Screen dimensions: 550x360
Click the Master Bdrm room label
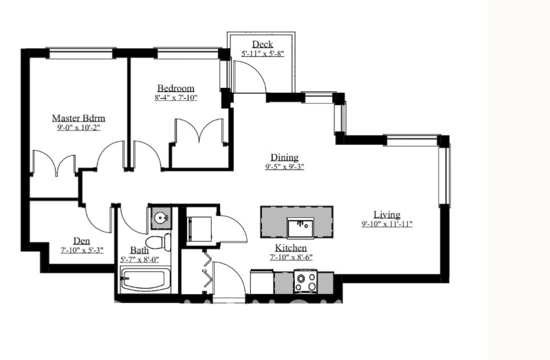click(78, 118)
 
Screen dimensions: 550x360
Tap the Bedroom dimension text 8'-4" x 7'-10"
click(176, 98)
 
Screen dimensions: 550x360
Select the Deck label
click(263, 45)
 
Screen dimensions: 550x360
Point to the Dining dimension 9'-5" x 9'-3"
click(285, 167)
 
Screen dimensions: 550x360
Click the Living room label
click(387, 214)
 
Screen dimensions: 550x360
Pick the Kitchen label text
click(291, 248)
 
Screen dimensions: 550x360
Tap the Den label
click(81, 241)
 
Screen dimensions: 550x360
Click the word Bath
click(140, 250)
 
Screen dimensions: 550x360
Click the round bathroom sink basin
click(161, 218)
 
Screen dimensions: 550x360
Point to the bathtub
click(145, 280)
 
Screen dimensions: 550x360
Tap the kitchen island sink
click(300, 227)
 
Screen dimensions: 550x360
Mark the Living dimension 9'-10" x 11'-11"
click(387, 224)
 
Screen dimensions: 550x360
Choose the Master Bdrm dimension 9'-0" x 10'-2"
click(79, 128)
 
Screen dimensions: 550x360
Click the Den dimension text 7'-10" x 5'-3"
click(82, 251)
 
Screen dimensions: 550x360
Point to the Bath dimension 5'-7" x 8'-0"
click(140, 260)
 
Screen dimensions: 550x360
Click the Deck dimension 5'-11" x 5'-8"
click(263, 54)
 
